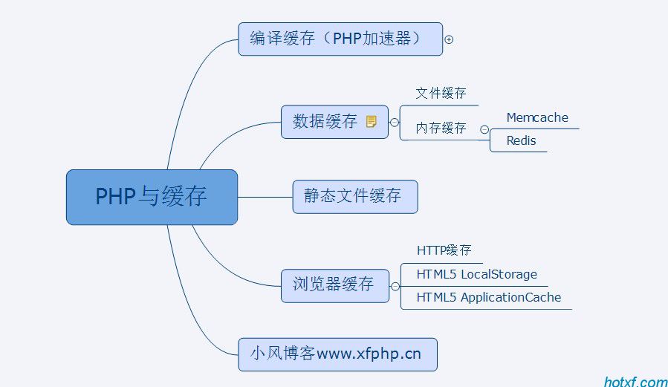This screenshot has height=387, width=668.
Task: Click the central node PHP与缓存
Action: (152, 197)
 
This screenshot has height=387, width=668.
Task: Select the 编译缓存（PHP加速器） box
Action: (340, 39)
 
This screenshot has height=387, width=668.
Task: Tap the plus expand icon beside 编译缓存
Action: (449, 39)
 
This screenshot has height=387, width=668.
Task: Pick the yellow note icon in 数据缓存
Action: (372, 121)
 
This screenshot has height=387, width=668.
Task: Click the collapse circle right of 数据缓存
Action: (395, 122)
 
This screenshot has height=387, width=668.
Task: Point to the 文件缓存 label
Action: (441, 94)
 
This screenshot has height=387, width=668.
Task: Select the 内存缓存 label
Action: (441, 128)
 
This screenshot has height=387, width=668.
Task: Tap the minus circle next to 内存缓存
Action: (484, 129)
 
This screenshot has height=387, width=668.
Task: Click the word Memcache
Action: (537, 117)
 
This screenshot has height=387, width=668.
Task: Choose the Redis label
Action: (521, 140)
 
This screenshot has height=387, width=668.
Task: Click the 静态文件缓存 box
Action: (354, 196)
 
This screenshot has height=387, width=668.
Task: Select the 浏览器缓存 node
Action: (334, 284)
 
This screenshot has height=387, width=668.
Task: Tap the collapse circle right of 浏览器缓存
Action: (395, 285)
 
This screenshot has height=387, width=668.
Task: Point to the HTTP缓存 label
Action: (444, 250)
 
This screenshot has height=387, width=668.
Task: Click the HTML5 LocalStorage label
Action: (476, 274)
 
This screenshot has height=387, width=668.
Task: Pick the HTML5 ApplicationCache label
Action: (488, 298)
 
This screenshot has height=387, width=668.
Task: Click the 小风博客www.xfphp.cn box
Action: (337, 354)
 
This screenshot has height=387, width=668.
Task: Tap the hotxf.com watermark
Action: (635, 382)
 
